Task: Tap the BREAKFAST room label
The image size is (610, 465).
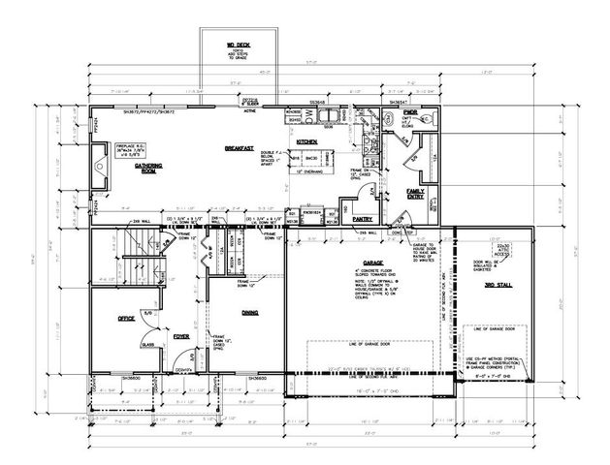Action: (x=239, y=148)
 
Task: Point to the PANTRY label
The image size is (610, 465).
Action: (x=349, y=192)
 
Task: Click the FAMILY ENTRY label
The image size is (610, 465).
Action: (x=417, y=194)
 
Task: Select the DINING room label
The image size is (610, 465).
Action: (x=248, y=312)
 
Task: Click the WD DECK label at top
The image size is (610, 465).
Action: (x=239, y=44)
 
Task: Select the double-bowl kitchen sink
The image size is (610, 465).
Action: (x=330, y=115)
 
